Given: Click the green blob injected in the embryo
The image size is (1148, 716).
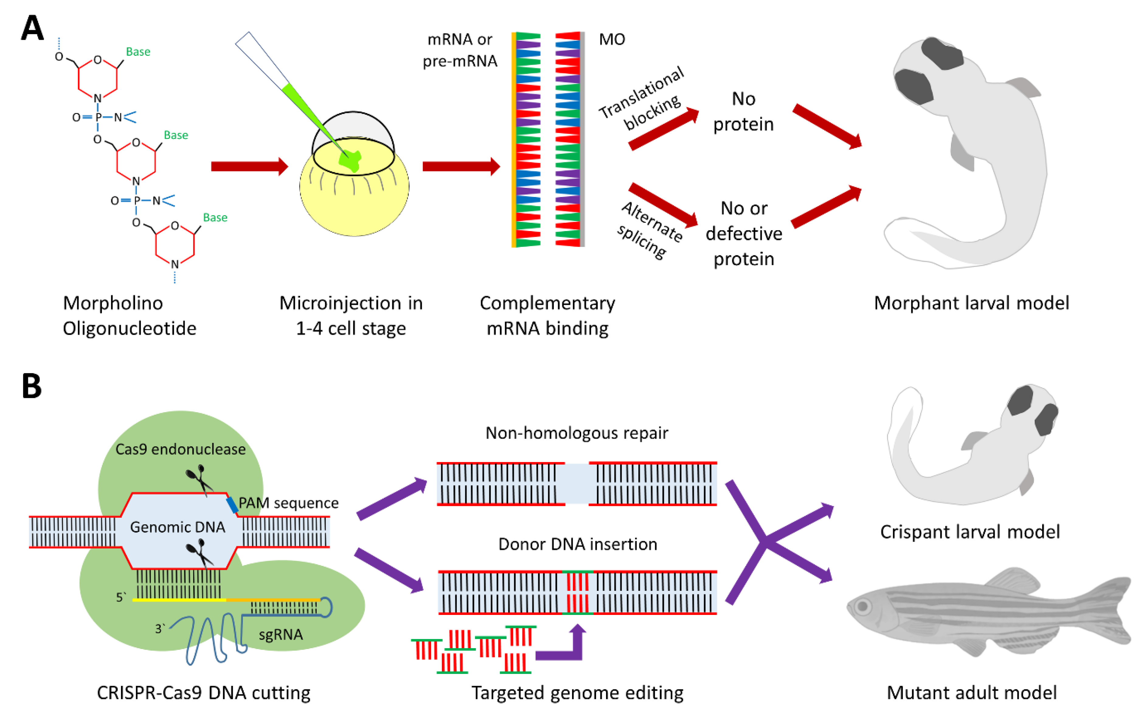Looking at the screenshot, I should [350, 160].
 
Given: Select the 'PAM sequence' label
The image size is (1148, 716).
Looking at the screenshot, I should [289, 503].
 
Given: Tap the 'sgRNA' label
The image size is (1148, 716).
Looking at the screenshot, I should [280, 634].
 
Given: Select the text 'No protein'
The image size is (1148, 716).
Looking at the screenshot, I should [743, 112].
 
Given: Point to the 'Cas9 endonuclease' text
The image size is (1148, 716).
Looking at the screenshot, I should [180, 449].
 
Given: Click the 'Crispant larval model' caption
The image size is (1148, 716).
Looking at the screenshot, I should [970, 532].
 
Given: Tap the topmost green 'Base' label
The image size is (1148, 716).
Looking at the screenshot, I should [138, 52].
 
